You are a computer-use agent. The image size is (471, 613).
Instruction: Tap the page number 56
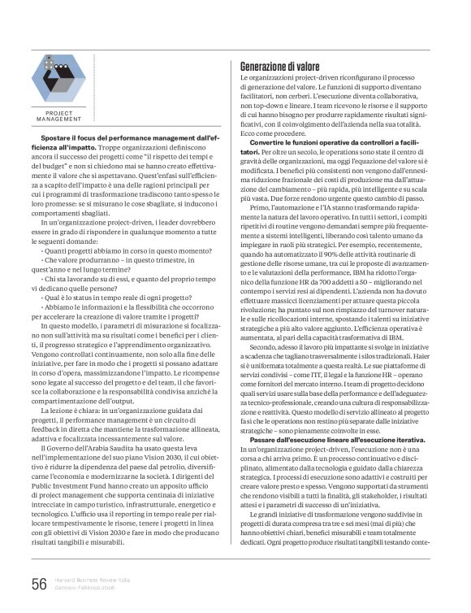[39, 583]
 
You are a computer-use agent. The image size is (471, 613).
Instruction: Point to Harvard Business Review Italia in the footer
[92, 579]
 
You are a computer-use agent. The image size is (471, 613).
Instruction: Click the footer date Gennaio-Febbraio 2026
[89, 587]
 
